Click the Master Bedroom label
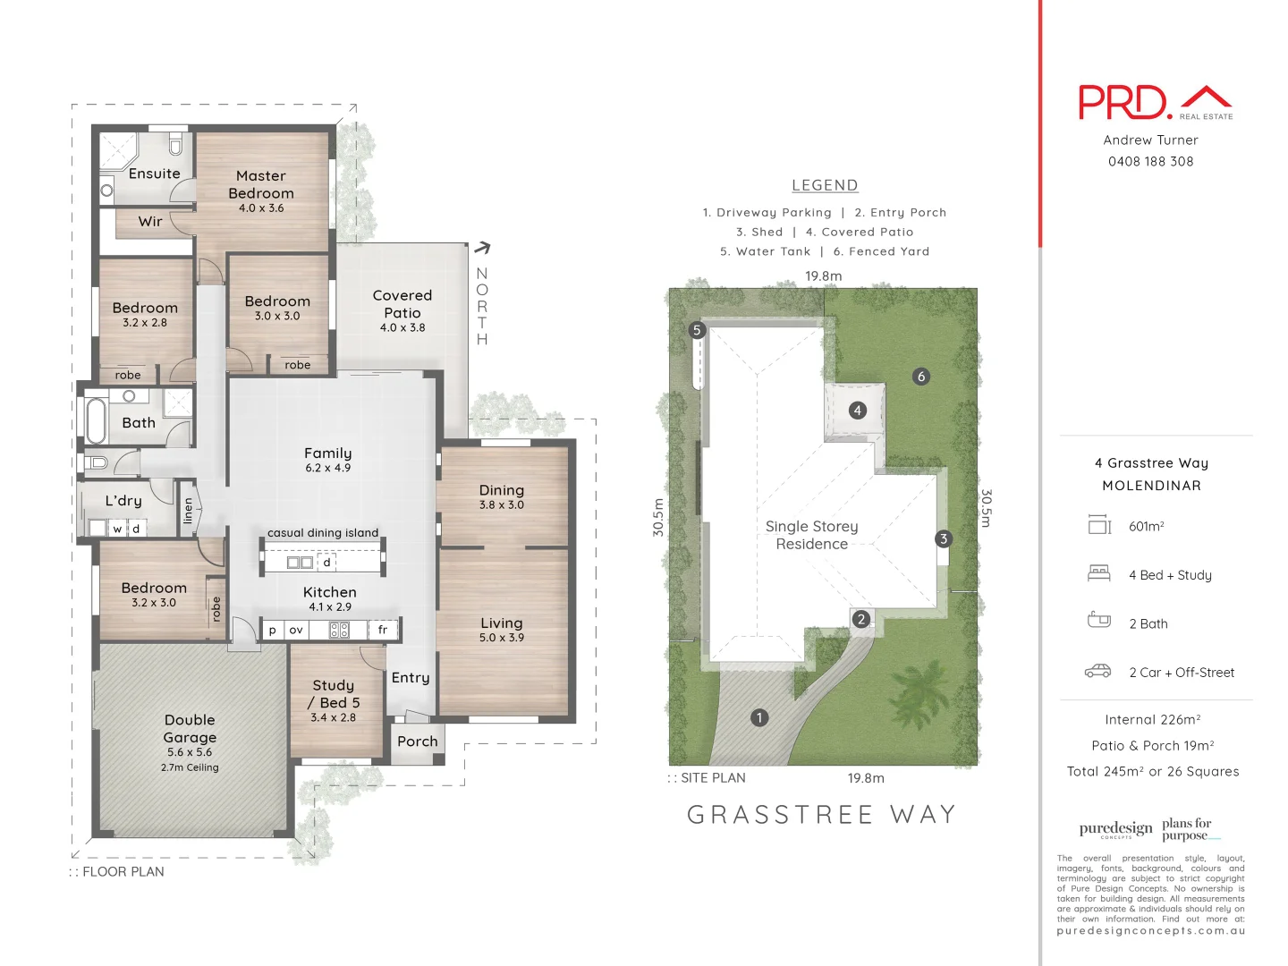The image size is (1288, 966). click(x=260, y=184)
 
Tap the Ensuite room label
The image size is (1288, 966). click(x=154, y=174)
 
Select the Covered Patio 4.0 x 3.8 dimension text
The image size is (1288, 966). click(x=402, y=328)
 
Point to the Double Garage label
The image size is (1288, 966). click(x=190, y=729)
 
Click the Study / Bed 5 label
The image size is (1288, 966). click(x=334, y=694)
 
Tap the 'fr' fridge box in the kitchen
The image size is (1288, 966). click(x=383, y=630)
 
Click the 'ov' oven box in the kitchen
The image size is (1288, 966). click(x=296, y=630)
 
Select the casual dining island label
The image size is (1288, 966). click(x=323, y=533)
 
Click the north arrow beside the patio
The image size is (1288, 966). click(x=483, y=248)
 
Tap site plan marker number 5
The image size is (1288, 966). click(x=697, y=330)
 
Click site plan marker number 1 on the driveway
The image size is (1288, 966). click(x=759, y=717)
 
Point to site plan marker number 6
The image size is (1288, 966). click(x=921, y=377)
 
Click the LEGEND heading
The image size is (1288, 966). click(x=825, y=185)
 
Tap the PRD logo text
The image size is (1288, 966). click(x=1124, y=103)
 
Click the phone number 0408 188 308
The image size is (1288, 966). click(x=1150, y=162)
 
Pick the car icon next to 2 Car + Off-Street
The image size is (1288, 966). click(x=1098, y=672)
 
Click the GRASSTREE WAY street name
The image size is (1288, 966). click(x=822, y=815)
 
